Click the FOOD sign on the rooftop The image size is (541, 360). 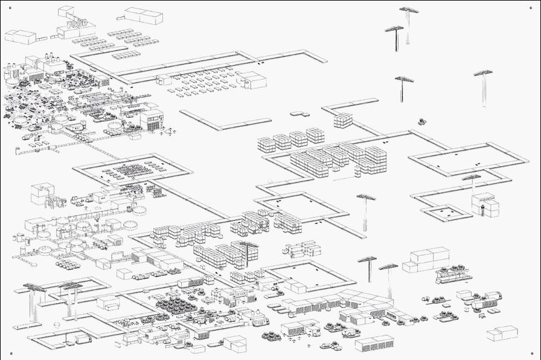tap(77, 22)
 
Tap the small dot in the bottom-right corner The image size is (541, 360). tap(531, 354)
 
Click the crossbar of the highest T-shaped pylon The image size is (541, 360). tap(409, 10)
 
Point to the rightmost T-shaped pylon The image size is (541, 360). tap(483, 74)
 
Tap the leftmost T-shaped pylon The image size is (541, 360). tap(36, 288)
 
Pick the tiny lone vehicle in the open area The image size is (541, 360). tap(420, 121)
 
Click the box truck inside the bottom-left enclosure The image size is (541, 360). tap(82, 338)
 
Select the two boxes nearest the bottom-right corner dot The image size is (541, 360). tap(502, 333)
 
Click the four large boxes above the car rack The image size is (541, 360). tap(426, 259)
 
